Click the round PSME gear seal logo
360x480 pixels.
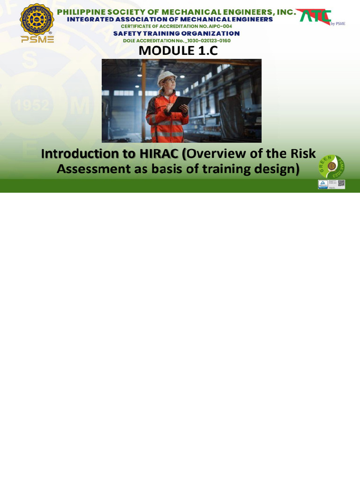37,19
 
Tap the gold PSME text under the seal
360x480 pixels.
37,39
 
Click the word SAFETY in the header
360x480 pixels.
126,34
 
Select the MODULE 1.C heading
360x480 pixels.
178,51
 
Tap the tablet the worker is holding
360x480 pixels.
180,104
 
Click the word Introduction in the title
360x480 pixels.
80,154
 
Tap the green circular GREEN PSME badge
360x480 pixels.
332,166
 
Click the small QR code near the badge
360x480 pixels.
341,183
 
